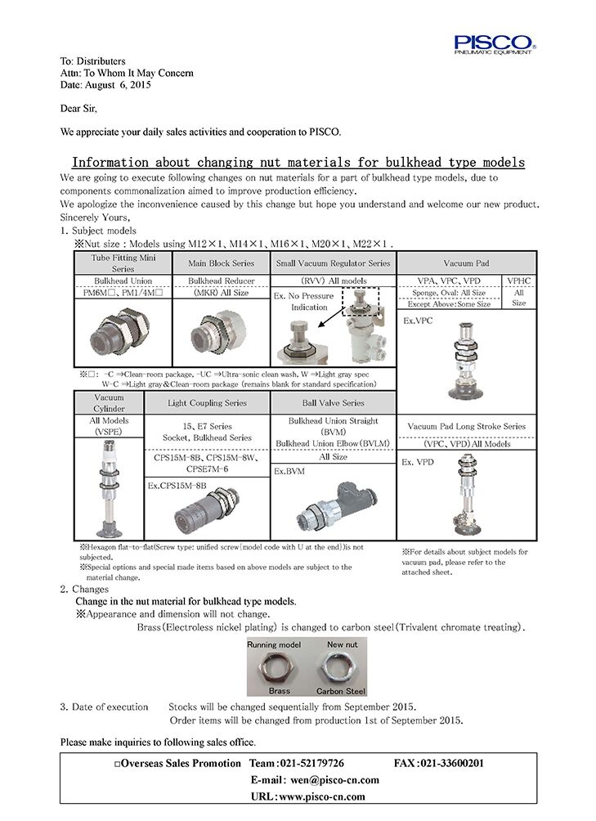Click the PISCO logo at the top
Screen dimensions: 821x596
pyautogui.click(x=495, y=43)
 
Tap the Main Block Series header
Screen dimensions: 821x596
pyautogui.click(x=221, y=263)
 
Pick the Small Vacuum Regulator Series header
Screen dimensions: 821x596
pyautogui.click(x=333, y=263)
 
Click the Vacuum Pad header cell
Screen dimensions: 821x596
pyautogui.click(x=466, y=263)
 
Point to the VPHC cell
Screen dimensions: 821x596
pyautogui.click(x=519, y=280)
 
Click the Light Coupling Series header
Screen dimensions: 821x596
pyautogui.click(x=207, y=403)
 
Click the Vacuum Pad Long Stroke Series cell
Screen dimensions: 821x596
pyautogui.click(x=467, y=426)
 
